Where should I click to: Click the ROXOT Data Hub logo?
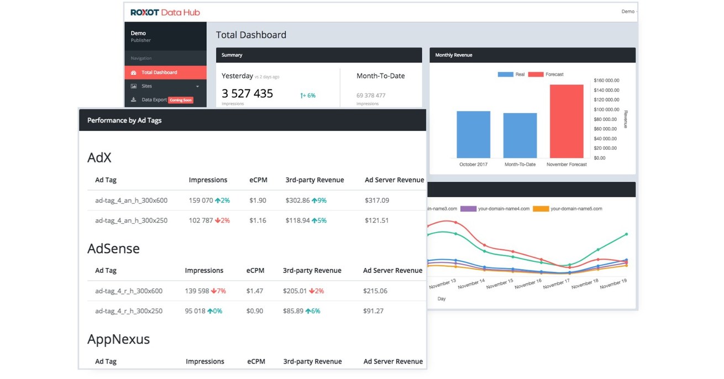click(x=165, y=12)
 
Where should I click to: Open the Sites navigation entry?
click(x=146, y=86)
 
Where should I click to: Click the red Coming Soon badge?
click(x=180, y=100)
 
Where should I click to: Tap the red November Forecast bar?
click(x=566, y=122)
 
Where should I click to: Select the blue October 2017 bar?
click(x=473, y=135)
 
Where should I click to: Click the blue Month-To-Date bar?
click(x=520, y=136)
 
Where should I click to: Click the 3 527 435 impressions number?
click(x=247, y=93)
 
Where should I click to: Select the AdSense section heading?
click(x=113, y=249)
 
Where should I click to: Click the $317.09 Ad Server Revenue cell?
click(x=377, y=201)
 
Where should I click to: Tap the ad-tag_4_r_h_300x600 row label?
click(x=129, y=291)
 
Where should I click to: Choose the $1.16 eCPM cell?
click(x=258, y=220)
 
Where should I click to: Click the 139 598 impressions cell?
click(x=197, y=291)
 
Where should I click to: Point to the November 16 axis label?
click(x=528, y=282)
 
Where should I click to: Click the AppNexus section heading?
click(x=118, y=339)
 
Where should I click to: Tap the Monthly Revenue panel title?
click(x=453, y=55)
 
